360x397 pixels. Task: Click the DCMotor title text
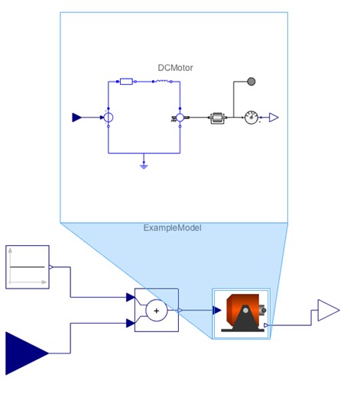[x=175, y=68]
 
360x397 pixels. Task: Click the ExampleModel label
[x=172, y=228]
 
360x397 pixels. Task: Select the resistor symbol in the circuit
[x=126, y=80]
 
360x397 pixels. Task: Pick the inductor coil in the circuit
[x=162, y=80]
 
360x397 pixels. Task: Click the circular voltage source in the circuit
[x=109, y=118]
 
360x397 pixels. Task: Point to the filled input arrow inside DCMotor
[x=76, y=118]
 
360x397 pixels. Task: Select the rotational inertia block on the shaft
[x=217, y=118]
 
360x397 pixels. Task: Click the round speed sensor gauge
[x=251, y=118]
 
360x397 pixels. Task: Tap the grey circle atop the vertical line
[x=251, y=81]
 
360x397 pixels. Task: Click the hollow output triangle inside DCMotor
[x=273, y=118]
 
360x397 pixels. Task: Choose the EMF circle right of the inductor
[x=180, y=118]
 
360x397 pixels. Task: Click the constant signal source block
[x=28, y=266]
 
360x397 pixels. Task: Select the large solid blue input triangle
[x=26, y=353]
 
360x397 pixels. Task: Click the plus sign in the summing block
[x=156, y=310]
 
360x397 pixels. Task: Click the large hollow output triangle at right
[x=328, y=310]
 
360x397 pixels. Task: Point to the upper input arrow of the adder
[x=130, y=297]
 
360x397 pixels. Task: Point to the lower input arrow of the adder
[x=130, y=323]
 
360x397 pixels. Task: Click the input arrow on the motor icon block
[x=218, y=311]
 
